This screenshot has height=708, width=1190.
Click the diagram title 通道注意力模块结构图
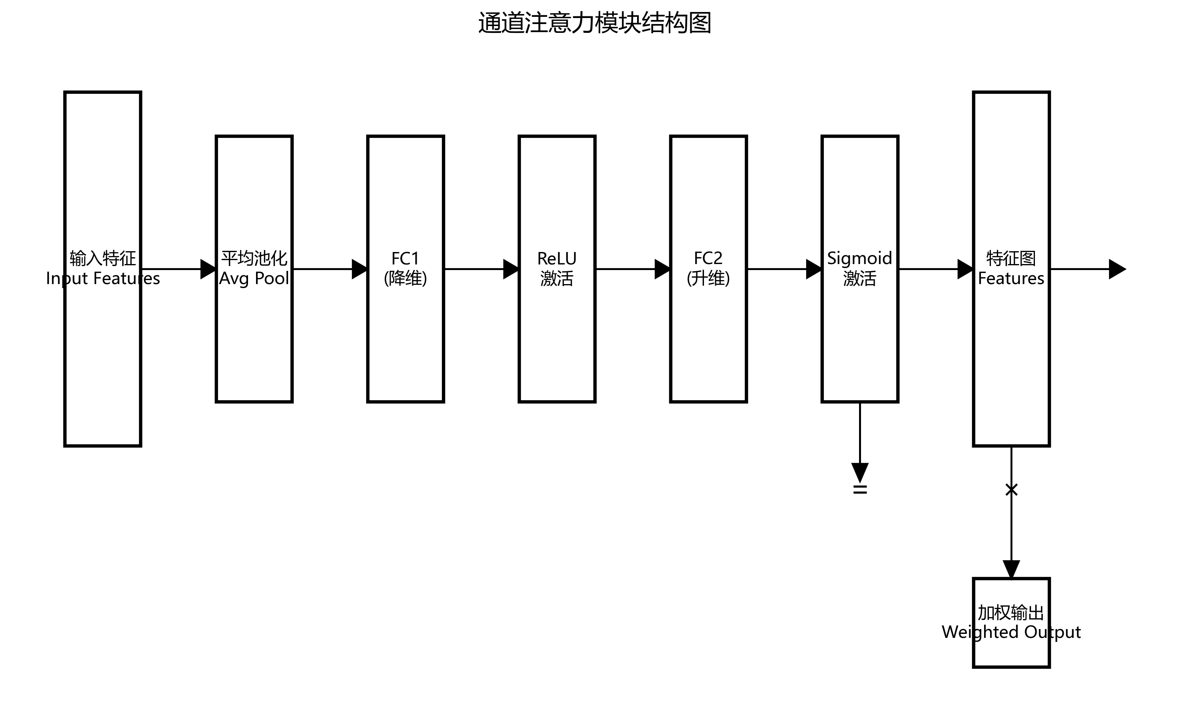tap(594, 23)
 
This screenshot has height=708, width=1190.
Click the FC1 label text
tap(405, 258)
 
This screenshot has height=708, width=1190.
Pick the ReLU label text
tap(557, 258)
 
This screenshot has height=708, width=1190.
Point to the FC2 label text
tap(708, 258)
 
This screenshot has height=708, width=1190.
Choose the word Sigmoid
tap(859, 258)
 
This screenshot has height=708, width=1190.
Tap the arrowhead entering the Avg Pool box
tap(208, 269)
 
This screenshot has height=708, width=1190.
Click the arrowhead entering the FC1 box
tap(359, 269)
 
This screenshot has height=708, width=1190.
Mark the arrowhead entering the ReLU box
tap(511, 269)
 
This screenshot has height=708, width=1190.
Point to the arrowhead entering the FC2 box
tap(662, 269)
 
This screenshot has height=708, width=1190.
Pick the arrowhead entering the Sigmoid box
tap(814, 269)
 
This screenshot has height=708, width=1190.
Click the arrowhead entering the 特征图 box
tap(965, 269)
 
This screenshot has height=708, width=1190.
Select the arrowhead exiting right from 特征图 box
tap(1117, 269)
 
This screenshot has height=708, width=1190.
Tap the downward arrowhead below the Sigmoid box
tap(860, 472)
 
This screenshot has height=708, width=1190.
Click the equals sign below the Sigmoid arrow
tap(860, 490)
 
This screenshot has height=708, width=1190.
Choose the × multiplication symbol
tap(1011, 490)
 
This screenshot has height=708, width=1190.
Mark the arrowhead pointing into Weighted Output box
tap(1011, 570)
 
